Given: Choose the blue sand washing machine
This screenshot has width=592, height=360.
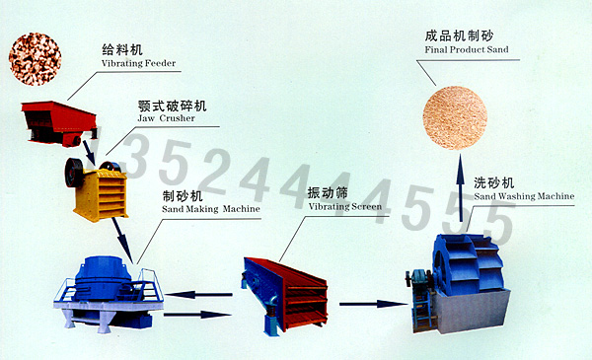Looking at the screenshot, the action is [x=458, y=283].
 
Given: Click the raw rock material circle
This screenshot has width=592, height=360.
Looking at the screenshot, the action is [x=35, y=59].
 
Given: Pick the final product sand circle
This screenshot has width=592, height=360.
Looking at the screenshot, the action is [x=455, y=117].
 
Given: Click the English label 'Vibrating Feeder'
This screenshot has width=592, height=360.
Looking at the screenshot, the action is [x=138, y=63].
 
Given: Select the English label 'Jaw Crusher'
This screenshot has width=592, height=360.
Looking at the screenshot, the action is [x=166, y=118].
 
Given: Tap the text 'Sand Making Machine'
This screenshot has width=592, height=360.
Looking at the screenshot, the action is [x=211, y=209].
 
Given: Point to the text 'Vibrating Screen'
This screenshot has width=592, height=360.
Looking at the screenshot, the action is [x=345, y=206].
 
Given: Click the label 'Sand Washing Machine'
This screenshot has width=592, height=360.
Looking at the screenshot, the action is [x=524, y=196].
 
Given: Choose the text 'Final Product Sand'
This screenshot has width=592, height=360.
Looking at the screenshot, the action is [x=467, y=49].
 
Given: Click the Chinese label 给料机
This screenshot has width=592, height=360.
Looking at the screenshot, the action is [x=122, y=49].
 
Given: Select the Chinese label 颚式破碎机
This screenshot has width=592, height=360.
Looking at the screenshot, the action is [x=172, y=106].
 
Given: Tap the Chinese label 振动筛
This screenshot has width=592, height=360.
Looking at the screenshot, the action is [x=328, y=193].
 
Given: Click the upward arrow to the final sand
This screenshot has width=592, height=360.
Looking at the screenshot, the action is [x=460, y=188].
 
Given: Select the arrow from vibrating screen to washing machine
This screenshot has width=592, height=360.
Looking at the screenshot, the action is [x=373, y=304].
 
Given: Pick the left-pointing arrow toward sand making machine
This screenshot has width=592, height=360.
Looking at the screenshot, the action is [x=198, y=295].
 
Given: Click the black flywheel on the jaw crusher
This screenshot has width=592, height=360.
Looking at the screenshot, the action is [x=74, y=173].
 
